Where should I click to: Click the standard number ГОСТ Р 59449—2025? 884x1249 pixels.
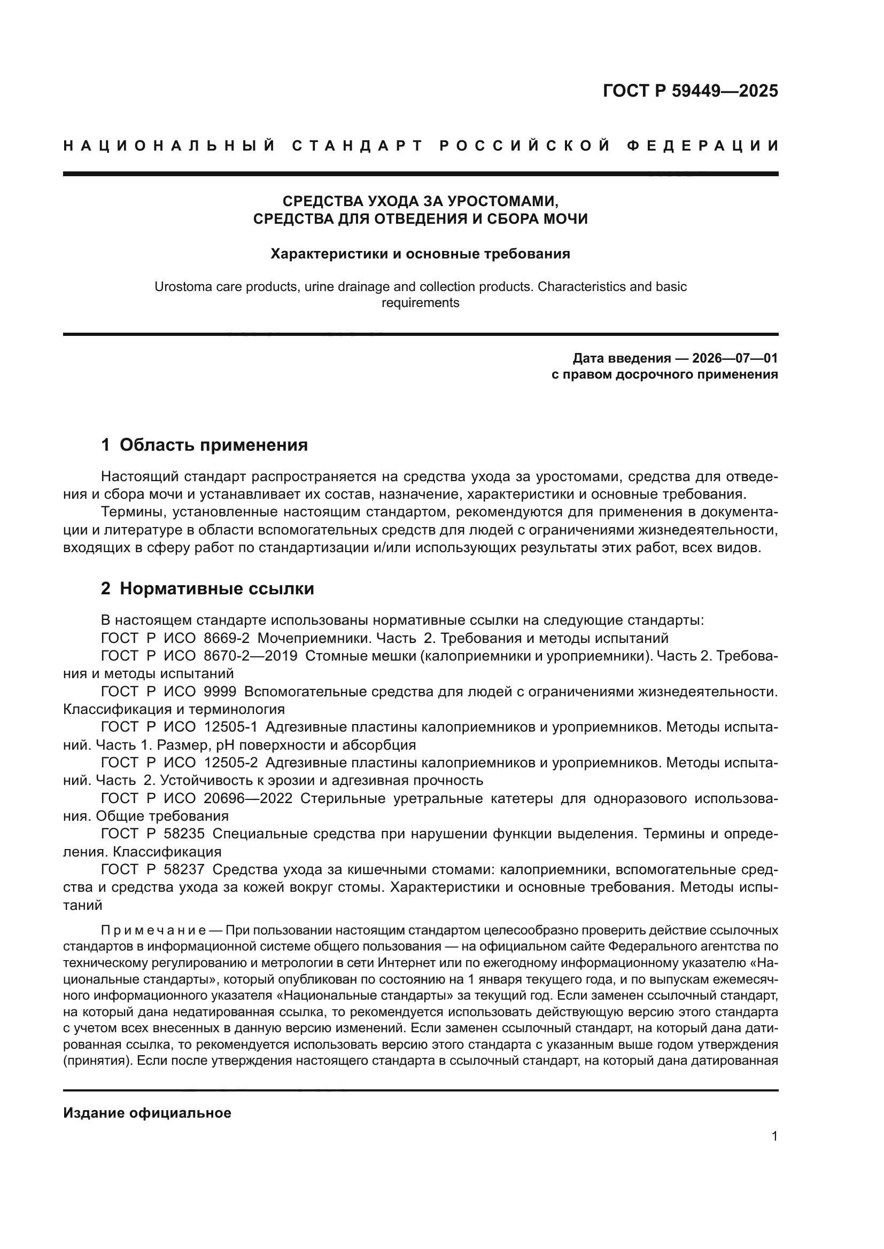[690, 91]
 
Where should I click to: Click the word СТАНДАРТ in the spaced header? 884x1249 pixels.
[357, 146]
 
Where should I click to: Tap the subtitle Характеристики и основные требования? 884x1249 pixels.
[420, 254]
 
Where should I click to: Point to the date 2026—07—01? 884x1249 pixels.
[735, 358]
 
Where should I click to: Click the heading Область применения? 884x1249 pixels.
[213, 445]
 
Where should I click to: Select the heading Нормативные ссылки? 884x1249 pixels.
[216, 588]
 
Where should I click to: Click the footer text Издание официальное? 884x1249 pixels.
[147, 1113]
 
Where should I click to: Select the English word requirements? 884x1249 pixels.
[420, 303]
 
